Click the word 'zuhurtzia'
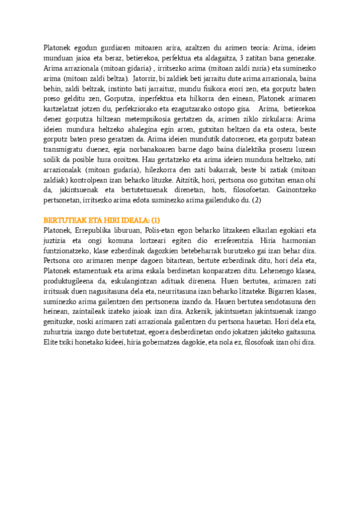pos(61,332)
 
